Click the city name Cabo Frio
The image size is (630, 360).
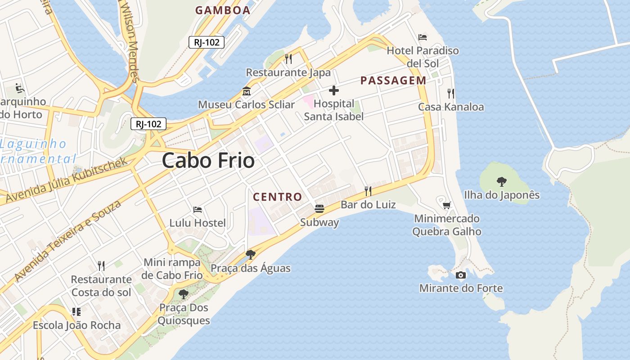208,160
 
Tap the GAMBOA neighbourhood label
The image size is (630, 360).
223,10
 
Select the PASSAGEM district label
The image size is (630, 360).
393,81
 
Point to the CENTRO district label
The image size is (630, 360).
277,197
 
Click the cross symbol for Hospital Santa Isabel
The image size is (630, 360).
333,91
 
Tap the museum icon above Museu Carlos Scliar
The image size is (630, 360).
246,91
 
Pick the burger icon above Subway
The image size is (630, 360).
319,208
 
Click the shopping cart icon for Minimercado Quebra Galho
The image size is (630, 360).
446,205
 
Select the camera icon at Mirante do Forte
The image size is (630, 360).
460,275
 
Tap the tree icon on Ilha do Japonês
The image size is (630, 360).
501,182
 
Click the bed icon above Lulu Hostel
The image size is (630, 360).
197,209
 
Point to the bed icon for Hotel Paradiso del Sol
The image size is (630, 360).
422,37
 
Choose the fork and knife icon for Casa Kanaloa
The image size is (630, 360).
450,93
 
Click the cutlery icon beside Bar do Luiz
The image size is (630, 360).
368,191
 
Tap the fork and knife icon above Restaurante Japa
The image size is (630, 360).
288,58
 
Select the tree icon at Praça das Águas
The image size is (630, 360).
251,255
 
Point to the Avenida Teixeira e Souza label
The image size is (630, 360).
67,241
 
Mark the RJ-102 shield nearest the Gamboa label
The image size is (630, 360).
207,42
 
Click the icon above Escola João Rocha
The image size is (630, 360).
76,311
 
